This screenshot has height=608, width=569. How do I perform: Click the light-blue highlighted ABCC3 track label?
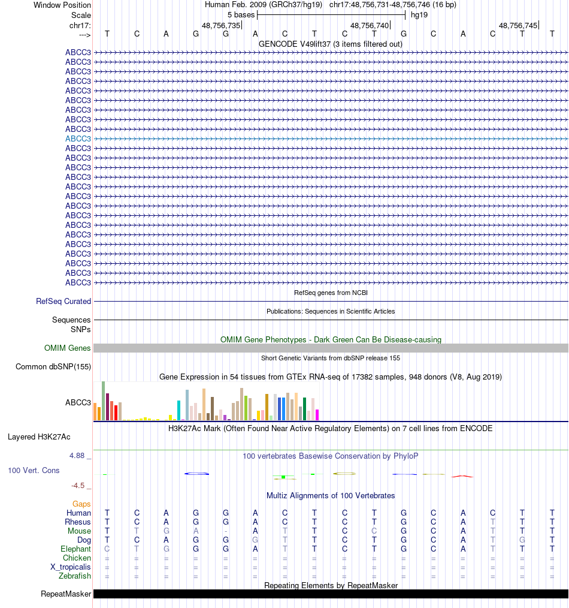coord(78,139)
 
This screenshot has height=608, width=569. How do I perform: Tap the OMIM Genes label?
coord(67,348)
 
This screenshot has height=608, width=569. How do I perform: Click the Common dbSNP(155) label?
coord(53,367)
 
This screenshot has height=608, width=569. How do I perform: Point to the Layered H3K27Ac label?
coord(39,437)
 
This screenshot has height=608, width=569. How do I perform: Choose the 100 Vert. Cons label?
coord(34,470)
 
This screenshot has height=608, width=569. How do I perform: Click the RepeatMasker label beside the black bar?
coord(66,594)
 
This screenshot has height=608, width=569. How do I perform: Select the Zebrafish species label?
coord(75,576)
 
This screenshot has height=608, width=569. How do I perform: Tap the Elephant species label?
coord(75,549)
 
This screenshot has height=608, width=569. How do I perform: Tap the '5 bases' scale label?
coord(241,14)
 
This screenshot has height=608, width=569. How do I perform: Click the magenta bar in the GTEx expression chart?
coord(317,414)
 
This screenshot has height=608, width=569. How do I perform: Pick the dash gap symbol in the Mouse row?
coord(225,531)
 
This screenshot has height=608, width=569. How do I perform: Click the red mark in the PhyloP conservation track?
coord(462,476)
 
